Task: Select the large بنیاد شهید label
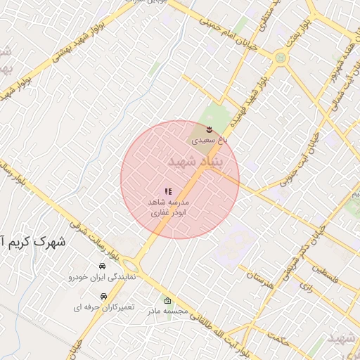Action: point(195,162)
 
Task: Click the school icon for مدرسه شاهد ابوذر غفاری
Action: point(169,191)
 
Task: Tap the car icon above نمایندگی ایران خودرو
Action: point(103,266)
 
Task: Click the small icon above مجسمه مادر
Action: point(167,300)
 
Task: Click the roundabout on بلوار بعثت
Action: point(281,58)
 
